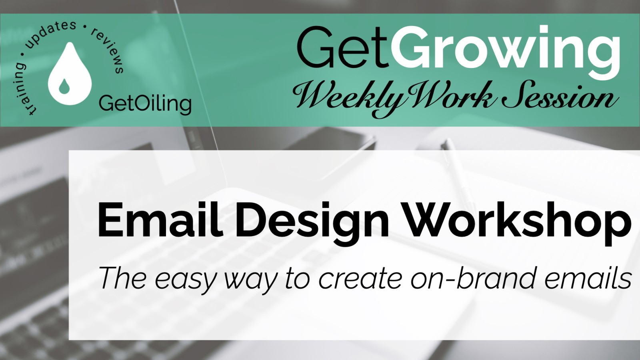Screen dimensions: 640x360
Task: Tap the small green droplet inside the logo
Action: [64, 86]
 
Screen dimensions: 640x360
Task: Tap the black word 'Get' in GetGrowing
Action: [343, 48]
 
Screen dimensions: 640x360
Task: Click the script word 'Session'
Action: [560, 95]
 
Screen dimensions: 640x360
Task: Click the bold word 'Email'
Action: [160, 220]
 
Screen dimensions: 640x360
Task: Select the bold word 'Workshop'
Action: [517, 223]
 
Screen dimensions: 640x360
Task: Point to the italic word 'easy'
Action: [185, 280]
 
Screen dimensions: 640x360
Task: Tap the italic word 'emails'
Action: [588, 277]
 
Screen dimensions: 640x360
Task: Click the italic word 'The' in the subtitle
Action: [123, 277]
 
